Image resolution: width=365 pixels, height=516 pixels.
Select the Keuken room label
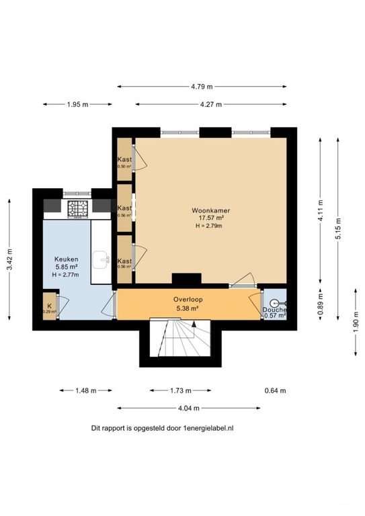(x=66, y=259)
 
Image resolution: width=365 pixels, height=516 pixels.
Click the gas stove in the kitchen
(x=77, y=208)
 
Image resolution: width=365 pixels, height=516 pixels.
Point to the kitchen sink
(x=102, y=258)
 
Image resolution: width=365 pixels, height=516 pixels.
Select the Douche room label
(x=274, y=310)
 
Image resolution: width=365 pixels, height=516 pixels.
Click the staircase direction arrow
(x=194, y=325)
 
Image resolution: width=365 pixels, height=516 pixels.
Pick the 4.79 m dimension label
(x=201, y=86)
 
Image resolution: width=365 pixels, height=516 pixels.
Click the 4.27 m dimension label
(x=210, y=104)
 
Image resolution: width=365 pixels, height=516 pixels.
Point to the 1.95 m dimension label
(x=77, y=104)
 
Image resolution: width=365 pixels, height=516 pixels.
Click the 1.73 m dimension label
(x=179, y=390)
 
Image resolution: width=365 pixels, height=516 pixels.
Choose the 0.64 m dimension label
(x=274, y=390)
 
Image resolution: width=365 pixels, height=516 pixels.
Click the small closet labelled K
(x=48, y=304)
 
